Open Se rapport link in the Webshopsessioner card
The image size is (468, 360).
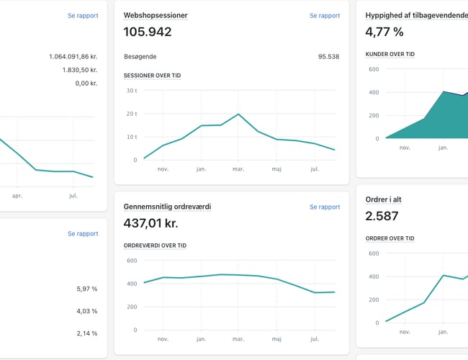[325, 15]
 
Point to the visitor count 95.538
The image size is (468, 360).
[328, 56]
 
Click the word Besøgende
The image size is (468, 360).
[140, 56]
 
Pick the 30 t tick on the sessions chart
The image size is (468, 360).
[131, 91]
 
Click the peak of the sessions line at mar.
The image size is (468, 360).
[238, 114]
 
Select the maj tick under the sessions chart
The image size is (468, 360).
[276, 169]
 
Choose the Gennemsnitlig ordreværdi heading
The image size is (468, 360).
[167, 207]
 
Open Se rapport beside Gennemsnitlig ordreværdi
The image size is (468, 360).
[325, 207]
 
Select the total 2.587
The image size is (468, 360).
[383, 216]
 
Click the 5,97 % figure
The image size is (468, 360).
[86, 289]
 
